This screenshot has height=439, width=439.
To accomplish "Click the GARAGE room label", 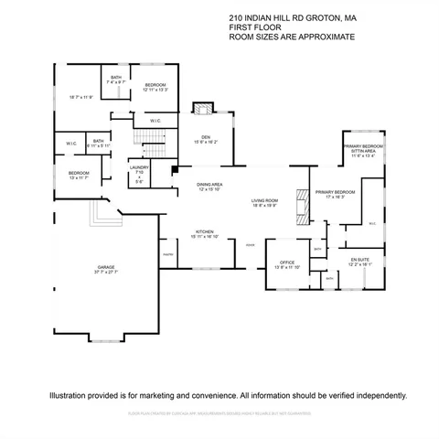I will [x=107, y=268].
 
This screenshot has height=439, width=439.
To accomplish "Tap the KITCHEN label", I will [x=205, y=232].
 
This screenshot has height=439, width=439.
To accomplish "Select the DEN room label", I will [x=205, y=137].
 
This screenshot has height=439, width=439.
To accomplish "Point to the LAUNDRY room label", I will [x=139, y=167].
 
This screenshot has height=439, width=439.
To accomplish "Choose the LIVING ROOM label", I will [x=264, y=201].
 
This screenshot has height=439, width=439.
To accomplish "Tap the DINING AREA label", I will [x=209, y=185].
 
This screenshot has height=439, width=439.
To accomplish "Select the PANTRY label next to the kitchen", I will [x=168, y=254].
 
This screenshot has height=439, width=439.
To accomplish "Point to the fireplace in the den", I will [x=202, y=109].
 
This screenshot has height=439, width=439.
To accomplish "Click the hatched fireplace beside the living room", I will [x=300, y=205].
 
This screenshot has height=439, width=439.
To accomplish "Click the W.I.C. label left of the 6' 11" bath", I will [x=71, y=144].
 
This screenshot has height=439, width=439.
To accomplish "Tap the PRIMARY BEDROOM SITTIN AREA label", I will [x=363, y=151].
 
